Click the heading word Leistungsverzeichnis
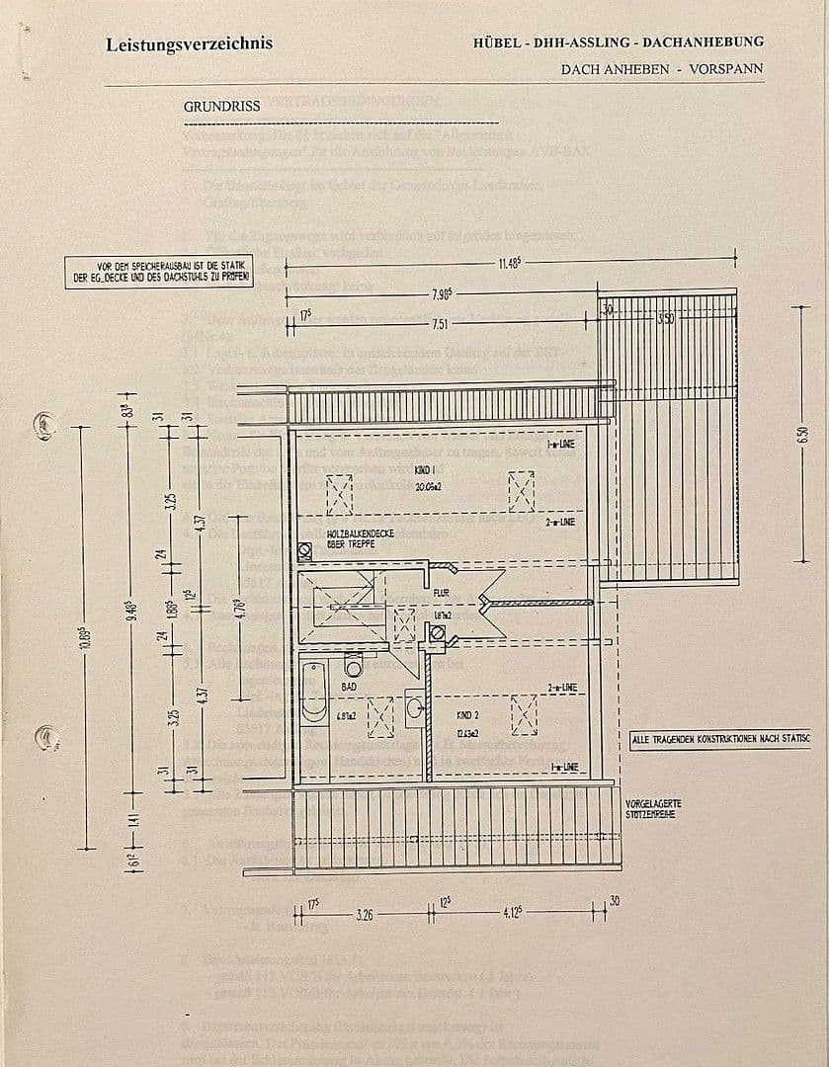coord(189,43)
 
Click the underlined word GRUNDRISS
coord(221,106)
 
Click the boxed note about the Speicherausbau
coord(159,272)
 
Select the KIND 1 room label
coord(427,473)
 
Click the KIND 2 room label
coord(468,713)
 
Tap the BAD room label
coord(349,686)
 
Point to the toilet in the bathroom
coord(353,663)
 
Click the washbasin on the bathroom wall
coord(414,706)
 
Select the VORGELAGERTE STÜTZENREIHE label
coord(653,809)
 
